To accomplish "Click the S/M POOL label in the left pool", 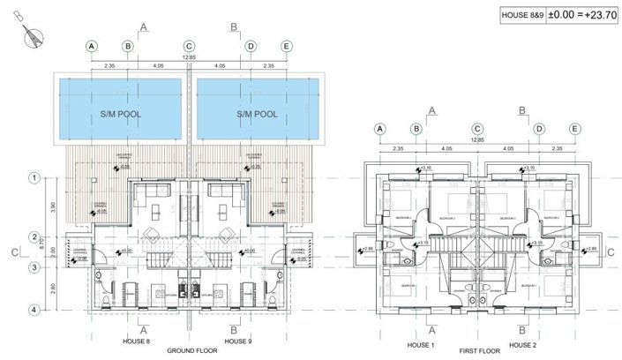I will click(x=118, y=115).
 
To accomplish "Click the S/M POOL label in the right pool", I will click(x=257, y=115).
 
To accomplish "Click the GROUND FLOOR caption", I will click(x=188, y=349).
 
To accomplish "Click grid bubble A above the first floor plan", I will click(x=380, y=129).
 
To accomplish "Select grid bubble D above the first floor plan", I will click(x=539, y=129).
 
